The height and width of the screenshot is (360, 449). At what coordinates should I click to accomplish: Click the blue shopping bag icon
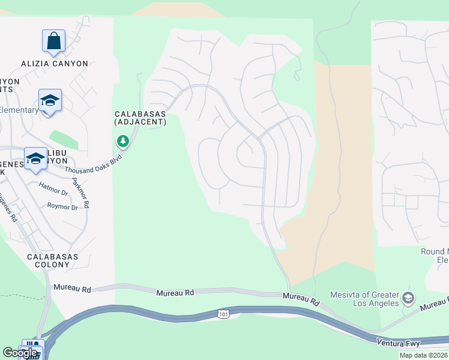[x=53, y=41]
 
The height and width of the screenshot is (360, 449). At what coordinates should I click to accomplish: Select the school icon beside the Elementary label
[x=50, y=101]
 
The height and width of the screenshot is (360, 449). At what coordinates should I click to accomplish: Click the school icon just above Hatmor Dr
[x=35, y=159]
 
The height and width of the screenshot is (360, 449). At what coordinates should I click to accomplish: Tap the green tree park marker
[x=123, y=142]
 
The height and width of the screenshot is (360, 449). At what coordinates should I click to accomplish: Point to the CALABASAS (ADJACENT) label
[x=140, y=118]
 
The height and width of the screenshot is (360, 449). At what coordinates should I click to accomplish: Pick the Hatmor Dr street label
[x=53, y=192]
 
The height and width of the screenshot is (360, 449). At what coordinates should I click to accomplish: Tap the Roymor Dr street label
[x=62, y=206]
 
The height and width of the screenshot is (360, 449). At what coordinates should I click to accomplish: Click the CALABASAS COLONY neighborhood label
[x=52, y=260]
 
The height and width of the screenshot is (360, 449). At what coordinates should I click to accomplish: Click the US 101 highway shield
[x=222, y=313]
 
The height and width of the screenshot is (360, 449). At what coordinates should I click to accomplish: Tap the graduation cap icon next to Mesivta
[x=408, y=298]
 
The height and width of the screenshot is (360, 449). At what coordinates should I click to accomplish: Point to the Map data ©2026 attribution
[x=423, y=355]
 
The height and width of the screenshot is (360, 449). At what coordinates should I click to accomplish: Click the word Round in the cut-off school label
[x=431, y=252]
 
